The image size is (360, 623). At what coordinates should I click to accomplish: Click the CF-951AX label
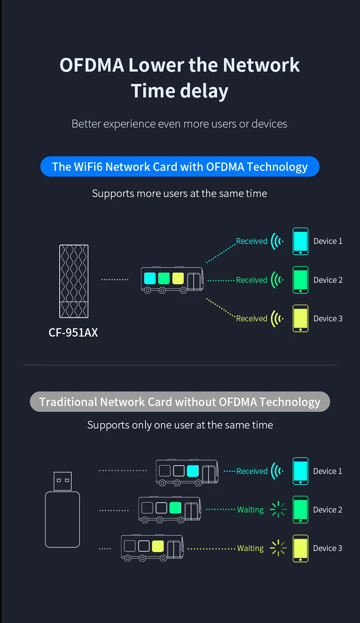tap(73, 333)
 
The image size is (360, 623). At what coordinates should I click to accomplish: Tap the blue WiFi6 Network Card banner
tap(180, 167)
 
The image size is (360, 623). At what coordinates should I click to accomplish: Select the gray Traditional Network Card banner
tap(180, 402)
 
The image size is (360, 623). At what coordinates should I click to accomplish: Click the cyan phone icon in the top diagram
tap(300, 241)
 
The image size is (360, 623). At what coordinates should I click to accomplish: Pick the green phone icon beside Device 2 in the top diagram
tap(300, 280)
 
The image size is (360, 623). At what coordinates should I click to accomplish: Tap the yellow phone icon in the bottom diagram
tap(300, 548)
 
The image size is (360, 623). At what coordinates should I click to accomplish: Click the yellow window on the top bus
tap(178, 278)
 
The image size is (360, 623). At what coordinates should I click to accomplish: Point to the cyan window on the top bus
tap(150, 278)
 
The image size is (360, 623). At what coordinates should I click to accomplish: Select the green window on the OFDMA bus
tap(164, 278)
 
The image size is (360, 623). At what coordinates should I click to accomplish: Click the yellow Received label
tap(252, 319)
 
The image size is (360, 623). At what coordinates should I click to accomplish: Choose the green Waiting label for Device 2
tap(250, 510)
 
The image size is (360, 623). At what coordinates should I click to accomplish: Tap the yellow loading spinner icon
tap(278, 548)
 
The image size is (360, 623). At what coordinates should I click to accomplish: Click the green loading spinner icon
tap(278, 510)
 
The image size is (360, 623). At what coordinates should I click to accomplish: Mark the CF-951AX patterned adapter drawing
tap(74, 281)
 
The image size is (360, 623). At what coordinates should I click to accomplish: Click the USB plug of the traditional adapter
tap(63, 481)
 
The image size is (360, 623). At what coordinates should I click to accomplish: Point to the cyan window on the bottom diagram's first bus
tap(193, 471)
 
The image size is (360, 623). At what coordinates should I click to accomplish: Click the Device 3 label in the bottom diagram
tap(328, 548)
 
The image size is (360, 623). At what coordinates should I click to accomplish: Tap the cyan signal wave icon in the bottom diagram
tap(277, 471)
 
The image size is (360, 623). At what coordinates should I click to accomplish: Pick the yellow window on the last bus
tap(158, 546)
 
